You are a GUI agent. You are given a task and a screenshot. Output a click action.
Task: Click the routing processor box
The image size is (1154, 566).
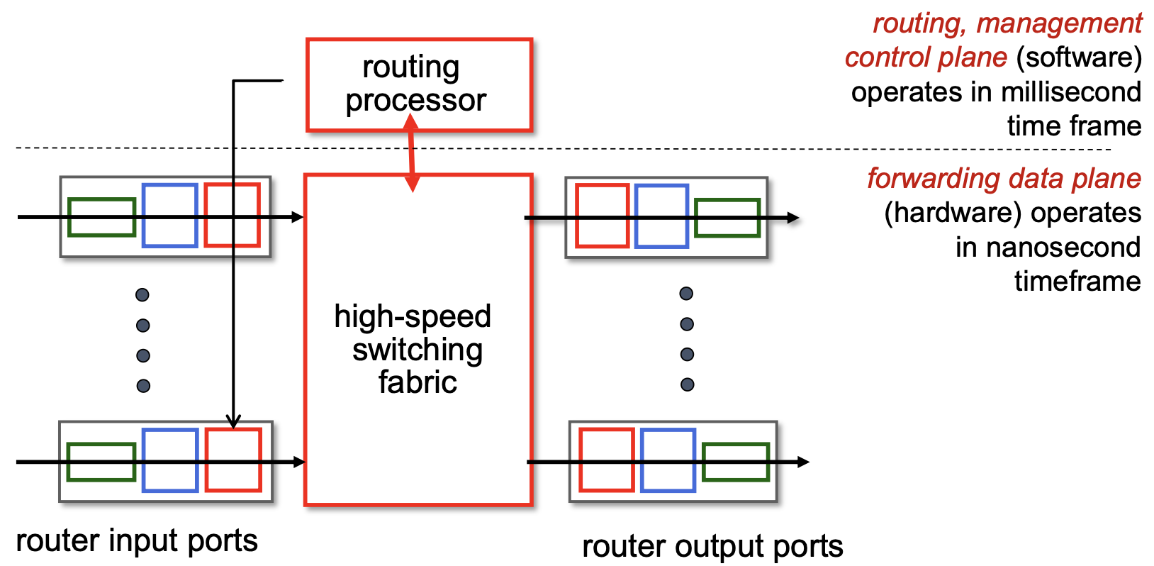click(x=418, y=84)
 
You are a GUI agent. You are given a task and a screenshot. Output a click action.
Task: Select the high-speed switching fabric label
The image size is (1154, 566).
click(x=413, y=349)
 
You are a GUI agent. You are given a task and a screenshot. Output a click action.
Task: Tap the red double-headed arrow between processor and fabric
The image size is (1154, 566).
click(x=411, y=152)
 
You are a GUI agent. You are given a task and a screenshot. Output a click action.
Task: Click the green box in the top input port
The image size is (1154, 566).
click(x=102, y=217)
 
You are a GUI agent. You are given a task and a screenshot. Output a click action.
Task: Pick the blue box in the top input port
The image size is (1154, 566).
click(x=169, y=216)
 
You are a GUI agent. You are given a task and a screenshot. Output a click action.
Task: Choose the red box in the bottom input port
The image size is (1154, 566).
click(x=233, y=460)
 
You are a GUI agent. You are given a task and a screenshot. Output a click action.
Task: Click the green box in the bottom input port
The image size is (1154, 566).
click(x=101, y=462)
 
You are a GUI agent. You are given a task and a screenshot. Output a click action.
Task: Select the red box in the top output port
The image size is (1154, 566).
click(x=602, y=216)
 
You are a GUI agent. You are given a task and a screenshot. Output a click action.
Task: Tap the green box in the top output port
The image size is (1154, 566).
click(x=727, y=218)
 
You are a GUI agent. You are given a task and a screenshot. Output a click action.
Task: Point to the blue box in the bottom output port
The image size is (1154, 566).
click(x=668, y=460)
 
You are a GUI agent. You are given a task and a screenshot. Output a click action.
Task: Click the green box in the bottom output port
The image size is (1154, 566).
click(x=736, y=462)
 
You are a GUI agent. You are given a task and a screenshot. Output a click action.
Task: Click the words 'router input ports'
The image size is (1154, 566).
click(x=137, y=540)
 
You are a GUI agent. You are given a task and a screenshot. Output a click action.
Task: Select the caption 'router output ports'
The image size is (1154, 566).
click(x=712, y=546)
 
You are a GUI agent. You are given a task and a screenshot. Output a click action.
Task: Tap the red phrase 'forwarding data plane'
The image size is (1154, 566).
click(x=1004, y=179)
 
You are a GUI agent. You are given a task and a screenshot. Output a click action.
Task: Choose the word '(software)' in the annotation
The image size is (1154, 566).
click(x=1079, y=57)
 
